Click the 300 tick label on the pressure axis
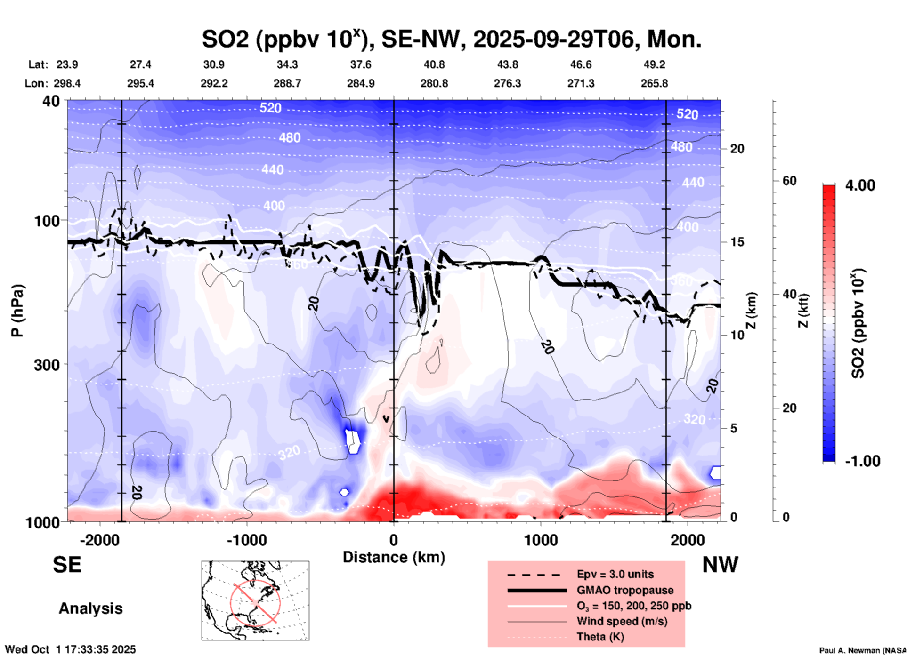coord(47,364)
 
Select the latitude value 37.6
coord(360,64)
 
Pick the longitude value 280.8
coord(434,83)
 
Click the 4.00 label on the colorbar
coord(860,185)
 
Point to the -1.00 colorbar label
coord(862,461)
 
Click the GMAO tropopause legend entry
coord(624,590)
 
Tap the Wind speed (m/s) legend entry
coord(622,621)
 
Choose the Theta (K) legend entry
coord(600,637)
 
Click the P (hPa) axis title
coord(17,311)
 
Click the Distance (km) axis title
coord(394,557)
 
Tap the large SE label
coord(67,565)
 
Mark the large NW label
coord(720,565)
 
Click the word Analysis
coord(90,608)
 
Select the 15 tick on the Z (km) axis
coord(737,242)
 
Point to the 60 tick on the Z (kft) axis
coord(789,181)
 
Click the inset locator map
coord(255,600)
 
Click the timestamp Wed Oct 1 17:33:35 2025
coord(70,649)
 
